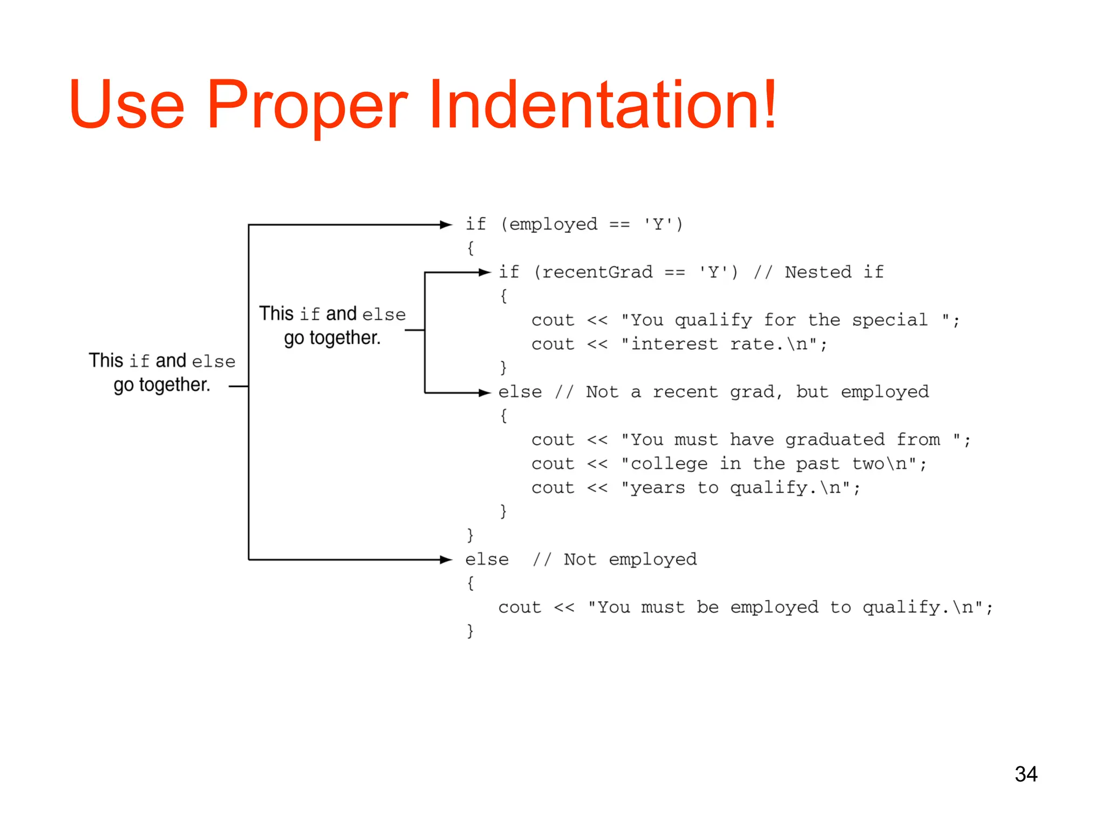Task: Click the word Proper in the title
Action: click(x=308, y=106)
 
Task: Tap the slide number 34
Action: click(x=1026, y=774)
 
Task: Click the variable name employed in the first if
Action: click(x=554, y=225)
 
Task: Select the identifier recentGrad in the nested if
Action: click(x=597, y=272)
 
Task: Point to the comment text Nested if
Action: click(x=834, y=272)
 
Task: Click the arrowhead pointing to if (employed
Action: click(x=446, y=225)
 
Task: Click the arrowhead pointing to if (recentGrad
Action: click(x=485, y=273)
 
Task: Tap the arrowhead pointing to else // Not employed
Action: click(x=446, y=560)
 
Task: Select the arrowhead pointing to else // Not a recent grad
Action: click(x=485, y=392)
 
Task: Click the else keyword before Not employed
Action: click(x=487, y=560)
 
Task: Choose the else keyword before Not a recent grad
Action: click(x=520, y=392)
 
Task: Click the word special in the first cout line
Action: click(x=890, y=320)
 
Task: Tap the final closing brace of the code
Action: click(x=470, y=630)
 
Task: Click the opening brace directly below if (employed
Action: click(x=470, y=248)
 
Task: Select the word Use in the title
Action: click(x=127, y=105)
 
